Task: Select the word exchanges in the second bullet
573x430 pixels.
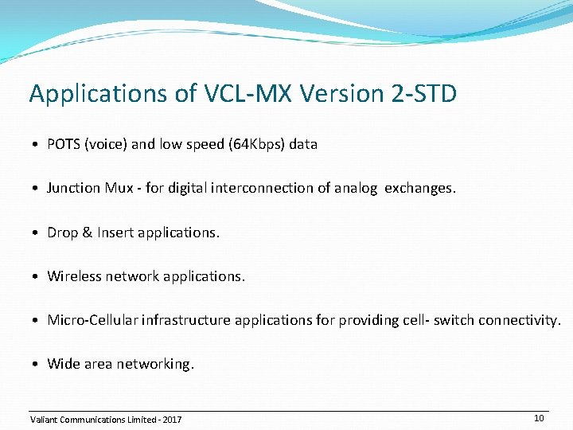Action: (420, 188)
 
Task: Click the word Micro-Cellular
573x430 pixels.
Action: (92, 320)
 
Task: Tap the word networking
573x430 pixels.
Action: (155, 364)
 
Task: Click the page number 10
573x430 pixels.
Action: (539, 418)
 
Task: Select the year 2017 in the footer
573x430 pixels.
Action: (172, 420)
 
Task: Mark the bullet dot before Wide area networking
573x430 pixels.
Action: (37, 365)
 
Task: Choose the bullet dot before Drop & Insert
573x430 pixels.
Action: (37, 233)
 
